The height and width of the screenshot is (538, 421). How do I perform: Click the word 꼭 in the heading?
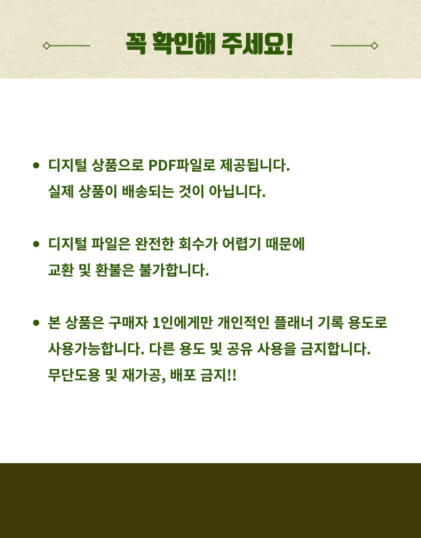click(x=136, y=44)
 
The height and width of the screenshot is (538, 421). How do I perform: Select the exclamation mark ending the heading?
click(x=289, y=44)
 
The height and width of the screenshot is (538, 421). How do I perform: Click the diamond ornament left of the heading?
click(x=47, y=45)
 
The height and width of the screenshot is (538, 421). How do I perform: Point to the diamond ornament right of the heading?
click(x=374, y=45)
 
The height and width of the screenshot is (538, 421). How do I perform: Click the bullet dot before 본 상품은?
click(x=36, y=323)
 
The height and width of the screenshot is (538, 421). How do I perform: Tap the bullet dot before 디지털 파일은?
click(x=36, y=244)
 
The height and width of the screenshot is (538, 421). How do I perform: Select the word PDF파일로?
click(x=182, y=165)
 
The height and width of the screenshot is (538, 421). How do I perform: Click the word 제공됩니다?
click(x=255, y=165)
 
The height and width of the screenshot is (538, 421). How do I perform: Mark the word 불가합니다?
click(x=174, y=270)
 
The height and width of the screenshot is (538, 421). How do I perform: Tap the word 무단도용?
click(x=74, y=375)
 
